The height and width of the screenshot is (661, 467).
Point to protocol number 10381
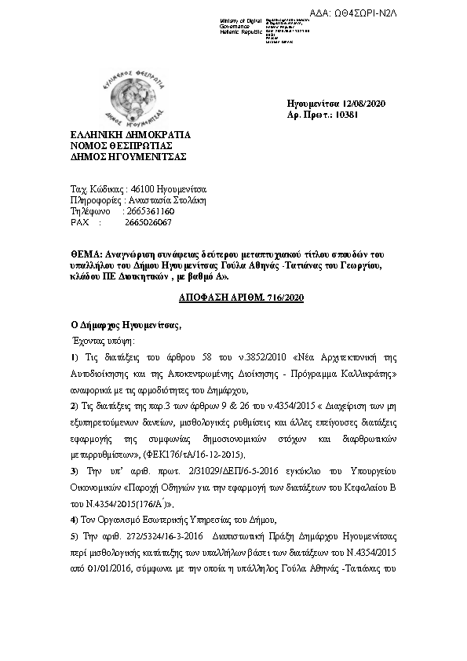tap(346, 115)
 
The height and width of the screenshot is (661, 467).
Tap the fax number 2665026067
tap(148, 222)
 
